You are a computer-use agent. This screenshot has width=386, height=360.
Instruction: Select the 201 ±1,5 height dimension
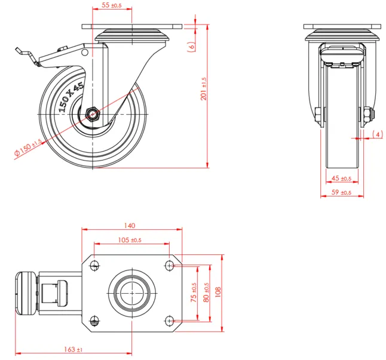pos(204,88)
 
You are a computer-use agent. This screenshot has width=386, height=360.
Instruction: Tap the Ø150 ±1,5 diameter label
pos(27,147)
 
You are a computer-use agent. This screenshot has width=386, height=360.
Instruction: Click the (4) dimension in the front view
pos(378,134)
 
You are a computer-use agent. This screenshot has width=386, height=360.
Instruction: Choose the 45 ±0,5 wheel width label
pos(341,178)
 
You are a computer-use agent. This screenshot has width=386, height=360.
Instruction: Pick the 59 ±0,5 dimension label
pos(341,192)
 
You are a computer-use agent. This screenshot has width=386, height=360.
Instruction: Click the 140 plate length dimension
pos(130,226)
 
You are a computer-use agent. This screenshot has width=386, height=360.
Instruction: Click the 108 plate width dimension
pos(219,292)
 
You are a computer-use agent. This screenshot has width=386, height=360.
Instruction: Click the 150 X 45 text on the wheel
pos(71,97)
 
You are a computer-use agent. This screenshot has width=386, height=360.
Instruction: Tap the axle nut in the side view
pos(94,113)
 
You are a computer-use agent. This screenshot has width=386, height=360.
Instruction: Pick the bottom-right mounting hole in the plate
pos(170,321)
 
